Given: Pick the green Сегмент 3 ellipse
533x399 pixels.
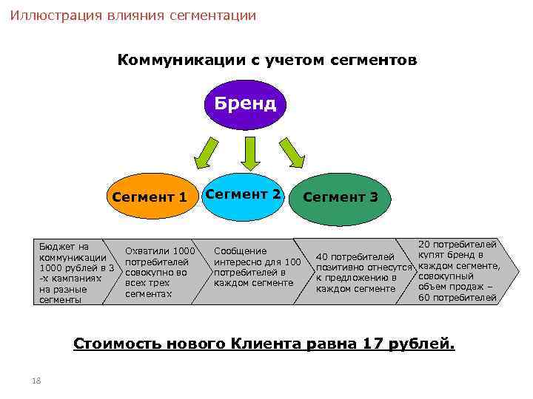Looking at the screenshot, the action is coord(340,198).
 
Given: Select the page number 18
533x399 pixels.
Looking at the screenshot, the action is coord(36,381).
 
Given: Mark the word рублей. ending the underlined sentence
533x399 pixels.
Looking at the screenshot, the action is coord(426,344).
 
